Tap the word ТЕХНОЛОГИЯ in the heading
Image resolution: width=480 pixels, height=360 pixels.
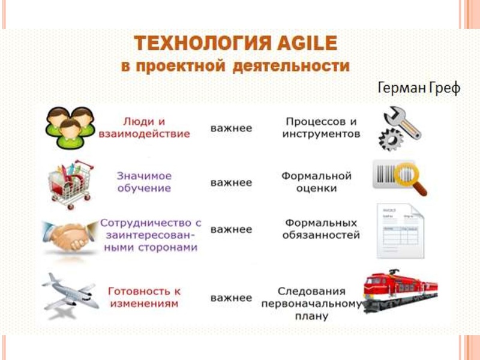pos(191,44)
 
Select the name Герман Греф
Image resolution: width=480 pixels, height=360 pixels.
pos(418,88)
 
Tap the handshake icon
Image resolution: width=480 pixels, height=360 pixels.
pos(67,236)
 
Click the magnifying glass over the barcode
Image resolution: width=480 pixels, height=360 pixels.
pos(413,178)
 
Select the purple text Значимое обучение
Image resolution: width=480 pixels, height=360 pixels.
pos(144,182)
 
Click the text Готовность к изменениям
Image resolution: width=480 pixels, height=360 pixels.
pos(143,298)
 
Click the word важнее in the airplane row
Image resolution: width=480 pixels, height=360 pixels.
pos(231,298)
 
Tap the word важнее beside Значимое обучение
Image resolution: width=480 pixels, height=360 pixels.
pos(231,182)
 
